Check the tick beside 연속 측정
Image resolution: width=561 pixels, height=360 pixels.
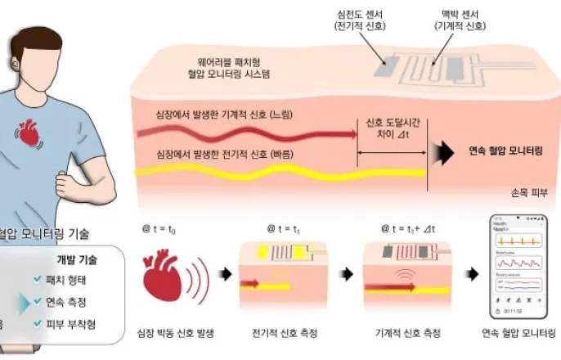[37, 302]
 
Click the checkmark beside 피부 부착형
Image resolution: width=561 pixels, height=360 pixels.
[37, 325]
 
